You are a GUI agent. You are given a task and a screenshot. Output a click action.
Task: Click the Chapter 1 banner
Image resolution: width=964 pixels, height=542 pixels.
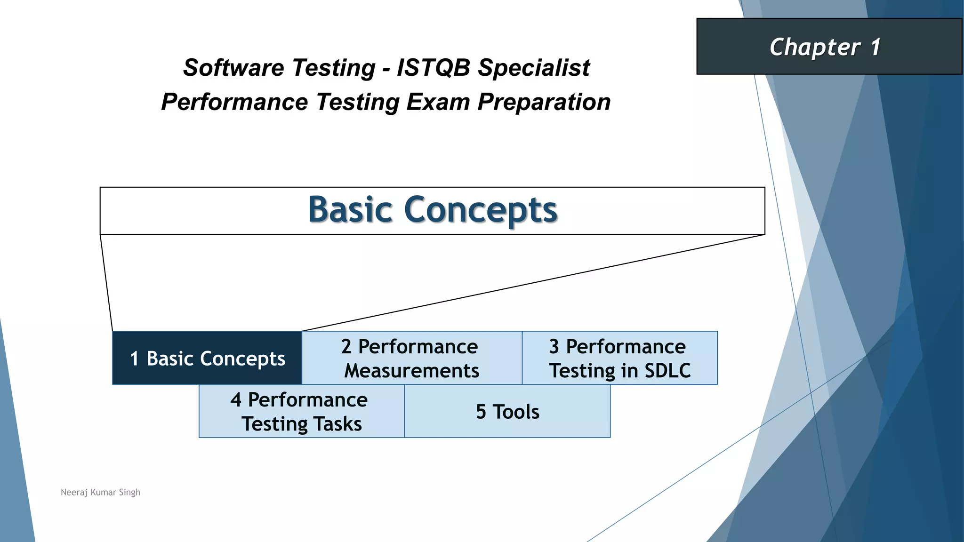pos(828,47)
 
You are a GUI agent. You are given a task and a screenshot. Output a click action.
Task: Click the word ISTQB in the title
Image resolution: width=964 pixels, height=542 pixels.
pos(434,68)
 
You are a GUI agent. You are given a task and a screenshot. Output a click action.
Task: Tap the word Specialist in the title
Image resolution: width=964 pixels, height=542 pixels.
pos(534,68)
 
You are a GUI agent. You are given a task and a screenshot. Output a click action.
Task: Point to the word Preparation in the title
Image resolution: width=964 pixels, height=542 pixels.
pos(544,102)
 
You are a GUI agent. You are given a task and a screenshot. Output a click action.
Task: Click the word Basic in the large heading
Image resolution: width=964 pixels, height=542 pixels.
pos(350,209)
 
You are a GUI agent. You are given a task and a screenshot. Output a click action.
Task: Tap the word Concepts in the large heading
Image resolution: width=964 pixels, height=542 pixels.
pos(481,210)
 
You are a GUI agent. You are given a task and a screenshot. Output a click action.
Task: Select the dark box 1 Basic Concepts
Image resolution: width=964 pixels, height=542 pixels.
pos(207,358)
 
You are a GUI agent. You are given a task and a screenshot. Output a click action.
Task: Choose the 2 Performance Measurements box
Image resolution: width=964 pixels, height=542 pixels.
pos(411,358)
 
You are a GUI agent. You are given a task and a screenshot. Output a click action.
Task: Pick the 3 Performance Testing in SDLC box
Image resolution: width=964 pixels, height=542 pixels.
pos(619,358)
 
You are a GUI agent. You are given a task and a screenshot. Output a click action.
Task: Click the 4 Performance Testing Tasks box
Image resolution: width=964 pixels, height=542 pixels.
pos(301,411)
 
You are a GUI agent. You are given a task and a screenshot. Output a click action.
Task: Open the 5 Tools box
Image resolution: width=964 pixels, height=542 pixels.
pos(507,411)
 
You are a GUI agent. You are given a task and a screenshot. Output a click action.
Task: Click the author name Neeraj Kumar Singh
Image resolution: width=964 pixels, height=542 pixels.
pos(100,492)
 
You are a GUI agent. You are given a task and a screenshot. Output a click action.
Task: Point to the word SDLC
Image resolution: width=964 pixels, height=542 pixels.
pos(667,370)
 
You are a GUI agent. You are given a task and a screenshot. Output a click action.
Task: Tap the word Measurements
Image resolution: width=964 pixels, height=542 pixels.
pos(412,370)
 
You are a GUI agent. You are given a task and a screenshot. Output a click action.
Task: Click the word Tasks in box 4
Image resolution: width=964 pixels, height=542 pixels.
pos(337,423)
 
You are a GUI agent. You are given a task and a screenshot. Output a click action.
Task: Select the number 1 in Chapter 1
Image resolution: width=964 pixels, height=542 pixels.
pos(875,47)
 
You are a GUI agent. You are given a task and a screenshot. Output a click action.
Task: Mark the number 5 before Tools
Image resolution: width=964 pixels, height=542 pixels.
pos(481,412)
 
